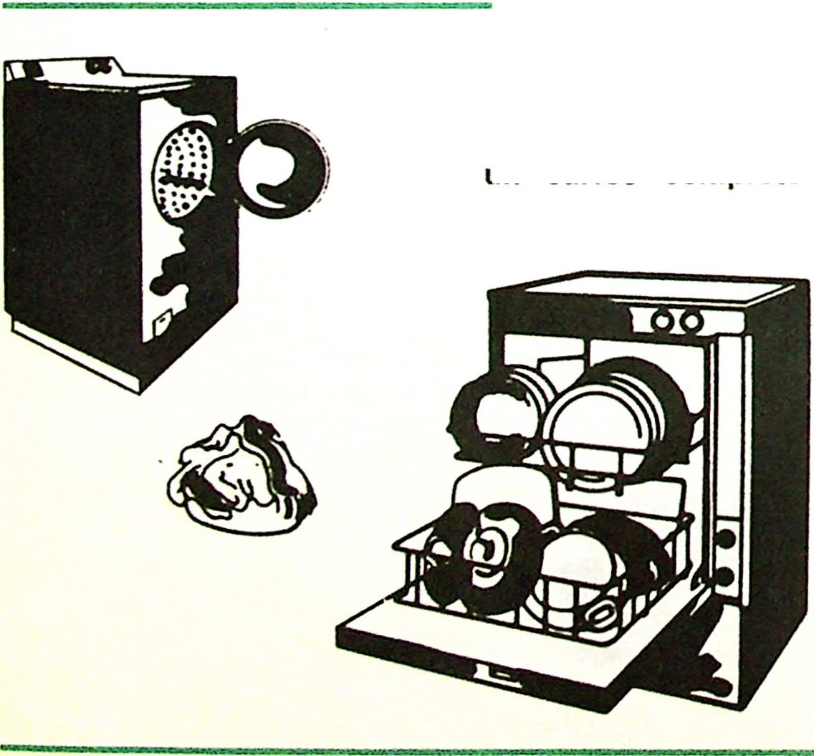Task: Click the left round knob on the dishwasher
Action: tap(663, 322)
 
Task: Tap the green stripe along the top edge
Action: tap(247, 4)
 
